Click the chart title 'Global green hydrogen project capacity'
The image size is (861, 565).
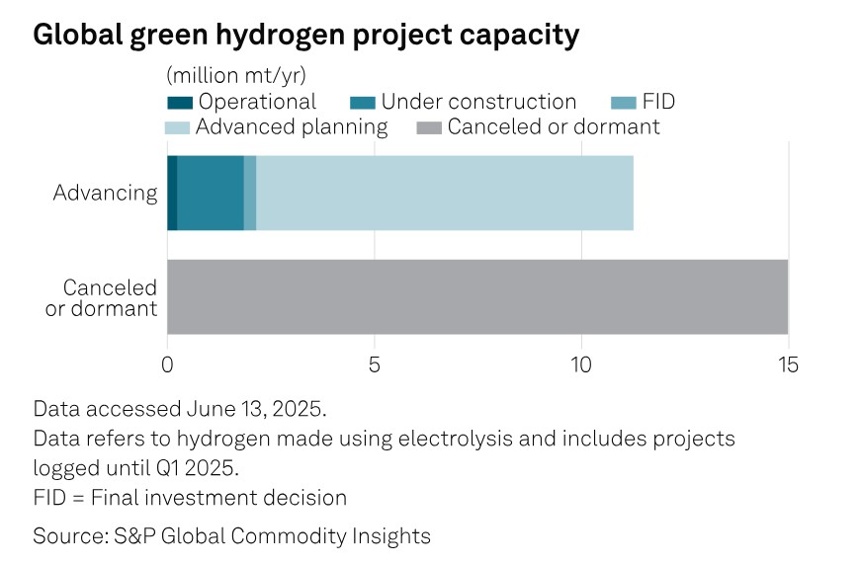(305, 35)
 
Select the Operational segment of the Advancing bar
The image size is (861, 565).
(172, 193)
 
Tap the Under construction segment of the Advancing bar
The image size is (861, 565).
(211, 193)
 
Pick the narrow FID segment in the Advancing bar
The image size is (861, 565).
(250, 193)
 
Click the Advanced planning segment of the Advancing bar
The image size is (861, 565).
(445, 193)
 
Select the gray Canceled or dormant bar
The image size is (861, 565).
(477, 296)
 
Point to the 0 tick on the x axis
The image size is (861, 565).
(167, 363)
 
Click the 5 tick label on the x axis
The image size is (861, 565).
(375, 363)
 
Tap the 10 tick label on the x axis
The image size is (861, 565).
(581, 363)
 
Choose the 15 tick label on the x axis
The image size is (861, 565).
(788, 363)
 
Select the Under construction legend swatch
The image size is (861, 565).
(363, 103)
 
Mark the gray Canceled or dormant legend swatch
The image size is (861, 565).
(429, 127)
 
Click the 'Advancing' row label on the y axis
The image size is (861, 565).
(105, 193)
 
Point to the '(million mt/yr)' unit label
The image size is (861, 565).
(235, 75)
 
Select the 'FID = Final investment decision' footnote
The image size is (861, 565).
(190, 497)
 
